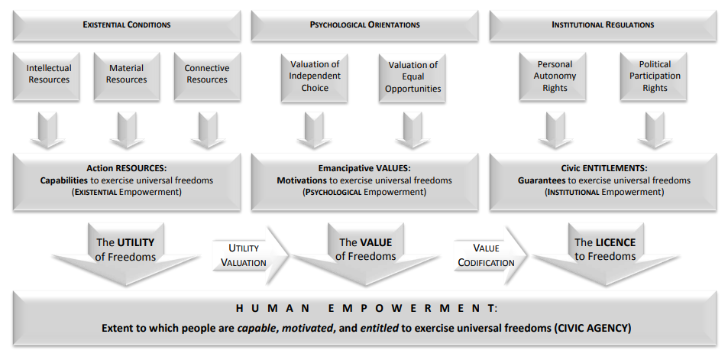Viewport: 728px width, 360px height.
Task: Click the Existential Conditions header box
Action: [x=126, y=24]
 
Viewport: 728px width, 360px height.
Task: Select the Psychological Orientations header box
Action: [x=364, y=24]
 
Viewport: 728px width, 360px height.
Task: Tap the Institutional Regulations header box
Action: [x=602, y=24]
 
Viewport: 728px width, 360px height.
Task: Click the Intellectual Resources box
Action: [x=48, y=74]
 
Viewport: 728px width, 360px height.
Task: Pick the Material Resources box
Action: [x=126, y=74]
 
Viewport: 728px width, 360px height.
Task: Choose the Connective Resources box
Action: [x=206, y=74]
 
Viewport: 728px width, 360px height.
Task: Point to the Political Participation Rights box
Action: [x=655, y=76]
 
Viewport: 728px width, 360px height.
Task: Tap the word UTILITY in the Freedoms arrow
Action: [x=135, y=242]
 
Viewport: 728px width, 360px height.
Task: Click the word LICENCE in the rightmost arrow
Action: [x=615, y=242]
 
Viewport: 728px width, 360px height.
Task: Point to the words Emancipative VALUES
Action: [x=364, y=167]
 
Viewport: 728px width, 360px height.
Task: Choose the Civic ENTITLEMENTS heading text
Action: [x=603, y=167]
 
